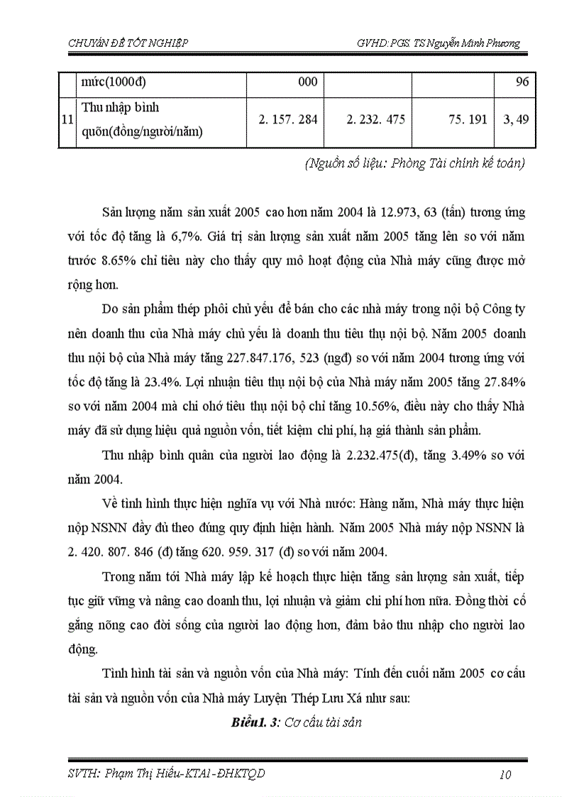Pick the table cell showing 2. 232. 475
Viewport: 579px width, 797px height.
tap(375, 120)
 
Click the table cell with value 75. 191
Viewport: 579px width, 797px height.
tap(465, 120)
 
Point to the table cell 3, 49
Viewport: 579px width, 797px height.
tap(516, 120)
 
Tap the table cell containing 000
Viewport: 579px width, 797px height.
tap(307, 82)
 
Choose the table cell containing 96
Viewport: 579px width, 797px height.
tap(522, 82)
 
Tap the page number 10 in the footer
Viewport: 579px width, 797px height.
tap(504, 774)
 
